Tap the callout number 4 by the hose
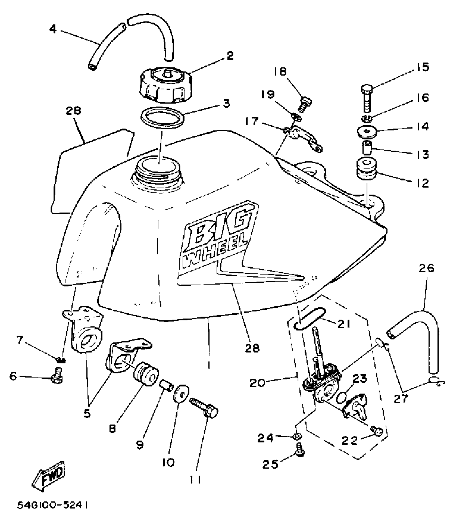point(53,29)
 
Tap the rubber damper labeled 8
point(146,374)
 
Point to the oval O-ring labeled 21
point(310,318)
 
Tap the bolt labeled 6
point(56,376)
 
